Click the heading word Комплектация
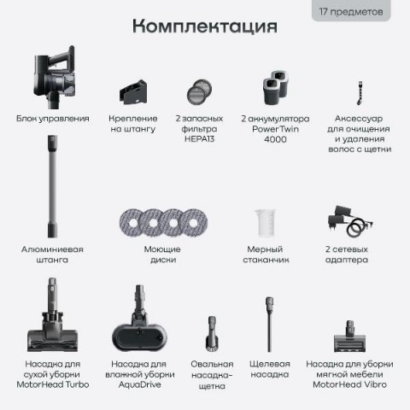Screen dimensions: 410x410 tap(205, 26)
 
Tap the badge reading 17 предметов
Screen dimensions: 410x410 tap(351, 11)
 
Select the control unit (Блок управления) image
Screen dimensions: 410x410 tap(55, 77)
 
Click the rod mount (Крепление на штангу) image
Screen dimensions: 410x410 tap(133, 92)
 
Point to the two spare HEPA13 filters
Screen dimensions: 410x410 tap(199, 91)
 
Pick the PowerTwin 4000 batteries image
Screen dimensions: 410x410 tap(276, 87)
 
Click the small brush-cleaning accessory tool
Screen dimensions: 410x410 tap(360, 93)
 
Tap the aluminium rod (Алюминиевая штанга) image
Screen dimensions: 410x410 tap(52, 186)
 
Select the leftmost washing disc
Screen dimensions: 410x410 tap(132, 222)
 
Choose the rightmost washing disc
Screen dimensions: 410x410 tap(194, 222)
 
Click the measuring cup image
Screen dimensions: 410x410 tap(266, 223)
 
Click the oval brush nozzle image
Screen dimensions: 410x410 tap(212, 334)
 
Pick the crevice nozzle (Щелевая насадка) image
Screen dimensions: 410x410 tap(269, 325)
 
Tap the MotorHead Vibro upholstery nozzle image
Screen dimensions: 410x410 tap(349, 337)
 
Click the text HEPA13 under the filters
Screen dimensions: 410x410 tap(199, 139)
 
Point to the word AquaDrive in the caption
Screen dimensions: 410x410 tap(139, 384)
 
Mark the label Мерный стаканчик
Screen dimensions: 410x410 tap(266, 255)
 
